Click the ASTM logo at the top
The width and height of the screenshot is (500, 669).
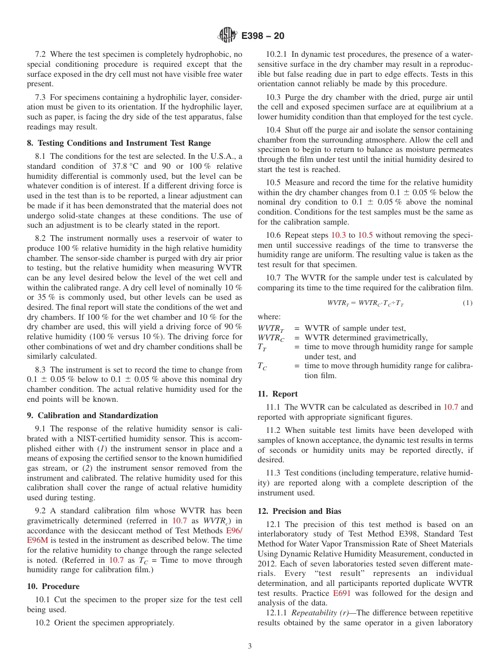(x=227, y=35)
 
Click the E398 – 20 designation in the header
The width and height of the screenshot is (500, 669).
(x=263, y=36)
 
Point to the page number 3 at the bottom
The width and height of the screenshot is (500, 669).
(x=250, y=646)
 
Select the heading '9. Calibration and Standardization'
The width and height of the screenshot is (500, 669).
(x=93, y=415)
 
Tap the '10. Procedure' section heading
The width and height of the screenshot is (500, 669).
(x=53, y=586)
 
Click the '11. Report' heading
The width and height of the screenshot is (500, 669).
(x=277, y=394)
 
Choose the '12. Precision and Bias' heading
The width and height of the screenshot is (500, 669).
(x=299, y=511)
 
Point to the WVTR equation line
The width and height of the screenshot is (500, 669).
(x=365, y=303)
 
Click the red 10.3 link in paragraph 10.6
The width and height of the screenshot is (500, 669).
(x=338, y=235)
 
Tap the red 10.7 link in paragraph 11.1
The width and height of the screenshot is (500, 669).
(x=451, y=407)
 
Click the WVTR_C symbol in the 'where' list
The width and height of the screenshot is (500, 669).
(x=270, y=338)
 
